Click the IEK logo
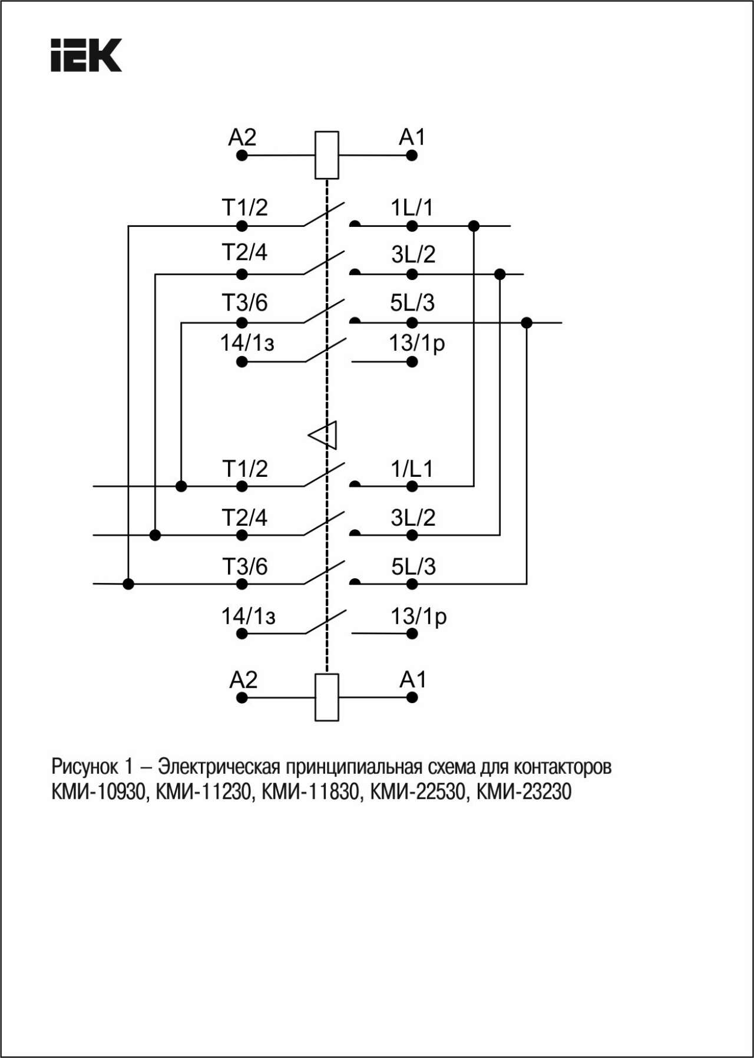[x=86, y=55]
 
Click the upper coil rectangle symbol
[x=327, y=155]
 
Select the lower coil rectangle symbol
[x=327, y=697]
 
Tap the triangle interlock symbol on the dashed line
[x=323, y=436]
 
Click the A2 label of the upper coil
[x=242, y=137]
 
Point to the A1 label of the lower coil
[x=412, y=680]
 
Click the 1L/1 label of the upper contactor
[x=412, y=207]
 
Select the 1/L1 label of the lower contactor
[x=412, y=469]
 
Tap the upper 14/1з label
[x=247, y=342]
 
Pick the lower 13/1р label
[x=419, y=617]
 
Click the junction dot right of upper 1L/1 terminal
[x=474, y=226]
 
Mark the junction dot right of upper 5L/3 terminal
[x=527, y=322]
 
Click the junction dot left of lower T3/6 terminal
[x=128, y=584]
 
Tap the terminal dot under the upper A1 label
[x=412, y=156]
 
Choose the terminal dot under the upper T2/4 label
[x=242, y=274]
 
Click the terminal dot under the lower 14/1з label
[x=242, y=634]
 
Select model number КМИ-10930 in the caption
[x=98, y=792]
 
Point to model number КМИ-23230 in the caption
[x=524, y=792]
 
